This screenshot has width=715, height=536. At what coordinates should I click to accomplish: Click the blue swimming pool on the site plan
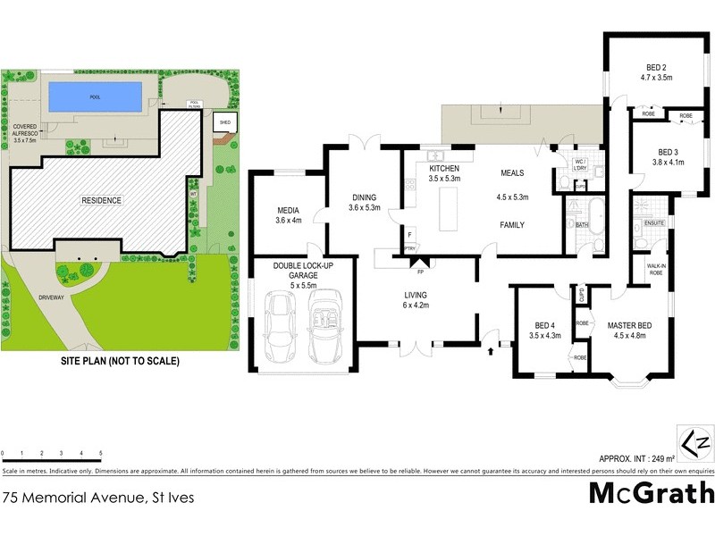(95, 94)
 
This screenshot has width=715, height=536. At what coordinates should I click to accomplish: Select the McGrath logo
(652, 493)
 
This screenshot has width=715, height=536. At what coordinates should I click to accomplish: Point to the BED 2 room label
(660, 67)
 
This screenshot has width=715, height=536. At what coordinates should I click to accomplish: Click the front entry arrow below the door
(491, 352)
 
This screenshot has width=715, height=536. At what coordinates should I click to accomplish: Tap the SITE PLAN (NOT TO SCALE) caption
(120, 362)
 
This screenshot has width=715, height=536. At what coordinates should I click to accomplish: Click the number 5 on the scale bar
(101, 454)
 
